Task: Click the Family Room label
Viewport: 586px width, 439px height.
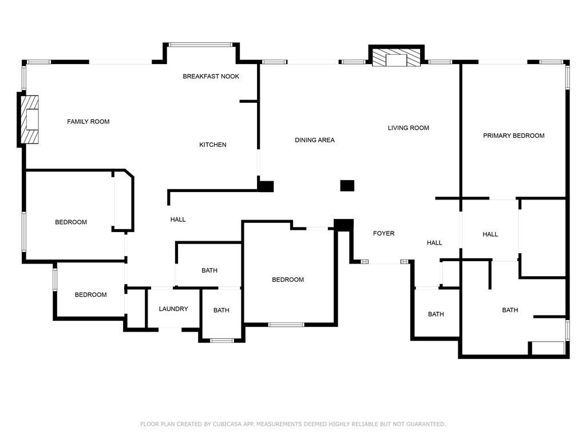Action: click(88, 122)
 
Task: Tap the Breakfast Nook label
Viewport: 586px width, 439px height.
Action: click(211, 77)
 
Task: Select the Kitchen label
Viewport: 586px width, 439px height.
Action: click(213, 145)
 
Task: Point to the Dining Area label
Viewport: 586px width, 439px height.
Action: click(315, 140)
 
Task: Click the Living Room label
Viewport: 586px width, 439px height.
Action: click(409, 128)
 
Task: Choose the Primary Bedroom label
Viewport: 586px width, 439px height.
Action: click(513, 136)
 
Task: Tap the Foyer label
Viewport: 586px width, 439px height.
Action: click(384, 233)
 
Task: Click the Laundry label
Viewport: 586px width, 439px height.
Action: click(173, 309)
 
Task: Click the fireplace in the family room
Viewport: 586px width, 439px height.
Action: click(30, 119)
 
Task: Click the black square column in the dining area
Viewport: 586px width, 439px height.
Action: click(347, 186)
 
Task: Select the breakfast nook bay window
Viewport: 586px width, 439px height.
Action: click(201, 45)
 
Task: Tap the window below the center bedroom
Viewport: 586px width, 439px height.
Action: click(286, 325)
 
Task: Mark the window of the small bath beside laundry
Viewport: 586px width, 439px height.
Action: click(222, 341)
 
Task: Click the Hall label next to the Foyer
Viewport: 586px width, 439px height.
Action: click(434, 243)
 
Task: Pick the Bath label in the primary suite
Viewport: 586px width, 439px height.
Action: click(510, 310)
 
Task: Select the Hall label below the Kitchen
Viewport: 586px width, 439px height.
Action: click(178, 220)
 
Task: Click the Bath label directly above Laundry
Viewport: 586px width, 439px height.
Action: click(209, 270)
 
